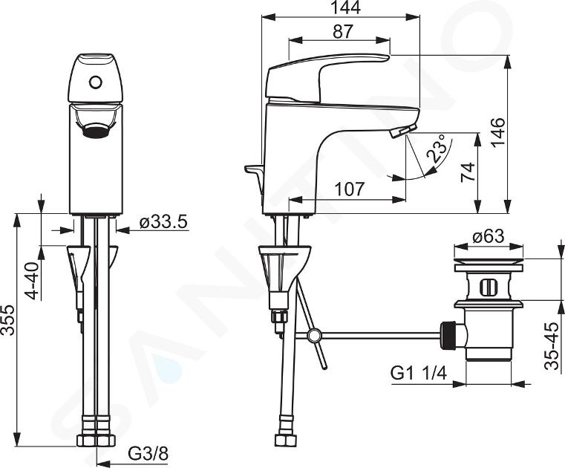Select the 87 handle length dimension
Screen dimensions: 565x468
click(342, 32)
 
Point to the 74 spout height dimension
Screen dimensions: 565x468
click(468, 172)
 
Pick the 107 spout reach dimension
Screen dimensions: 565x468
click(350, 189)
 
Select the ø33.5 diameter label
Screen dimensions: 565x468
click(164, 222)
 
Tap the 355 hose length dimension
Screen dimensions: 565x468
click(7, 320)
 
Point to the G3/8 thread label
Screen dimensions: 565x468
click(148, 454)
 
